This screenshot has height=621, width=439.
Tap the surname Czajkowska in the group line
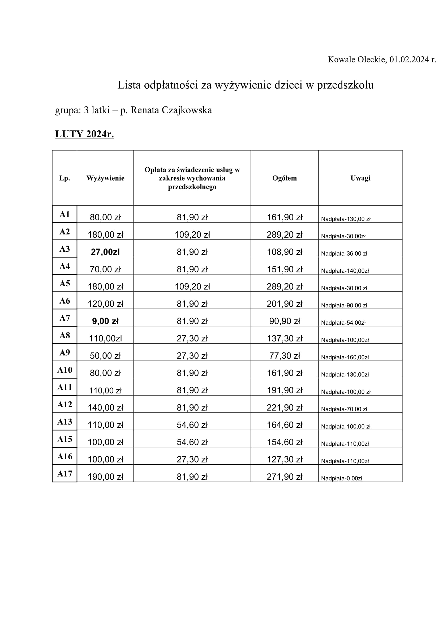pos(187,110)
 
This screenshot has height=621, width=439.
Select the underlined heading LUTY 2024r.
pos(84,134)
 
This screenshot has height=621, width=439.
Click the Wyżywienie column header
pos(105,178)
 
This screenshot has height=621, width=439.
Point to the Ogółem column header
pos(284,178)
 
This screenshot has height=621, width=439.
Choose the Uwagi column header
pos(360,178)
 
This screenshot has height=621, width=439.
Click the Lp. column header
pos(64,178)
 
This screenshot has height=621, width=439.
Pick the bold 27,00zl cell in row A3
pos(105,252)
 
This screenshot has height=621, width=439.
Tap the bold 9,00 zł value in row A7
pos(105,321)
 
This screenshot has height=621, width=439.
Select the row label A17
pos(64,474)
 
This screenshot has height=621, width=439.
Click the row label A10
pos(64,370)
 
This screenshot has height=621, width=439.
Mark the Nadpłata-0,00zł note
pos(341,478)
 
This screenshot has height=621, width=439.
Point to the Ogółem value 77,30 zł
pos(284,356)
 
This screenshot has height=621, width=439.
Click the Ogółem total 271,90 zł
pos(284,477)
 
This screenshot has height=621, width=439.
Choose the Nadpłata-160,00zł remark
pos(345,357)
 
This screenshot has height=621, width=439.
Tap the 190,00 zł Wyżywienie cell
pos(105,477)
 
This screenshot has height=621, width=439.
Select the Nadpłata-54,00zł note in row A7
pos(343,322)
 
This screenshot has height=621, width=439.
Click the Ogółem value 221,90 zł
pos(284,408)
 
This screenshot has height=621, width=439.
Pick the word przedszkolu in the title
pos(345,85)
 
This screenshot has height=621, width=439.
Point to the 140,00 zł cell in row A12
pos(105,408)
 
